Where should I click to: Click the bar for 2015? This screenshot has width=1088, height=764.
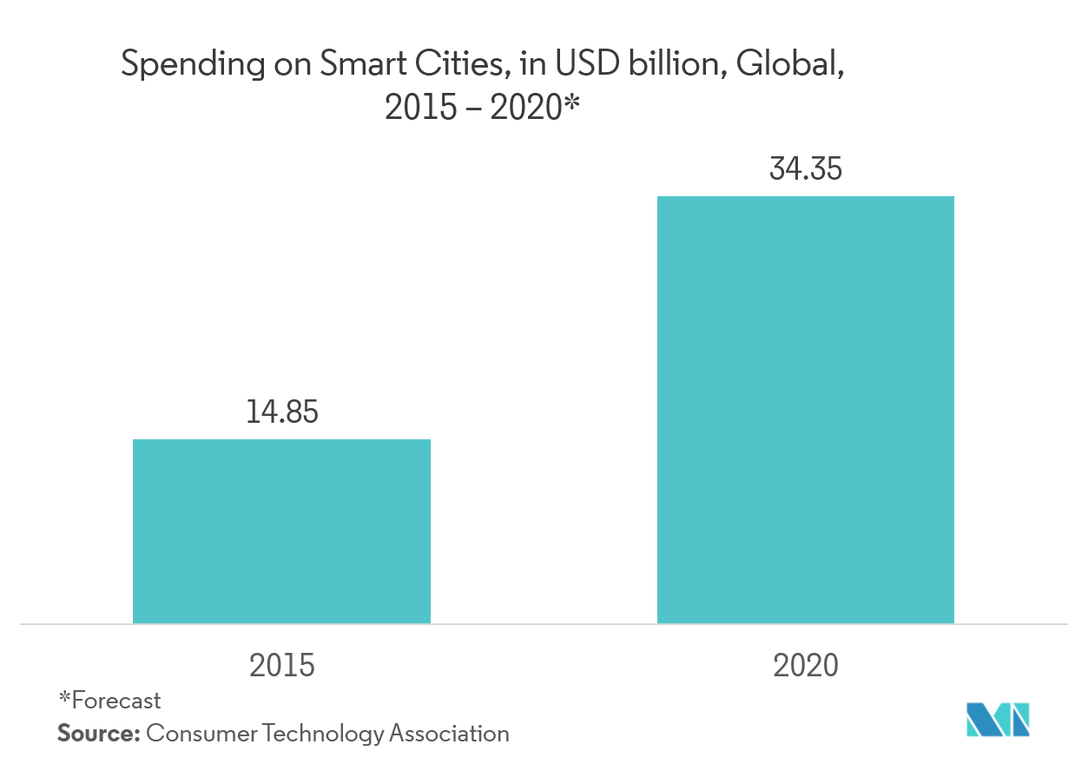281,530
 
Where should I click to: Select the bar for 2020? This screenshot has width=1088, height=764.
805,409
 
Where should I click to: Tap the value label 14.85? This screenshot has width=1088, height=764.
281,412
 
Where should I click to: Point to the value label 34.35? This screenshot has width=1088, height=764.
805,168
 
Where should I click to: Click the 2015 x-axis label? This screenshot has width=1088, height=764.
281,665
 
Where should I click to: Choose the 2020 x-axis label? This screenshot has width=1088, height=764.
805,665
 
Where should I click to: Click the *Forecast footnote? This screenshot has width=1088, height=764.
109,700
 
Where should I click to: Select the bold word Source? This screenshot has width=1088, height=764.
98,733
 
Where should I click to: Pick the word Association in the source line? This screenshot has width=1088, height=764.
448,733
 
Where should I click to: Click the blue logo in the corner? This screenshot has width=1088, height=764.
998,719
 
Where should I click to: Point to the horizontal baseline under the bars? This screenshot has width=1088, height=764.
544,623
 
